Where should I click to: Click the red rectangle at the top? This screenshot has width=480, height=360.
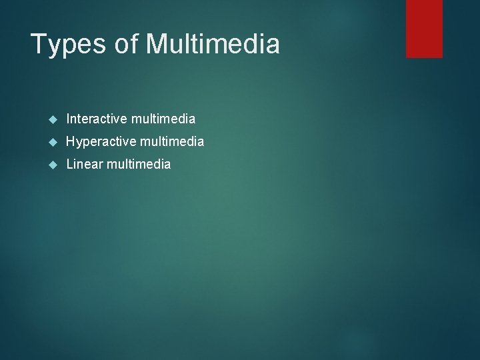424,28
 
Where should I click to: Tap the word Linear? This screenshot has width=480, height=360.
83,164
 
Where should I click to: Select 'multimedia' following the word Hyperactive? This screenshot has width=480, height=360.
171,142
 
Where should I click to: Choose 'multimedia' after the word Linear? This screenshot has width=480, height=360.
137,164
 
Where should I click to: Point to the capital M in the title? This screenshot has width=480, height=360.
157,45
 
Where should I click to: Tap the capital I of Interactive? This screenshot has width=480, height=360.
69,119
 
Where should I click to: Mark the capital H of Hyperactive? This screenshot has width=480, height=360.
71,142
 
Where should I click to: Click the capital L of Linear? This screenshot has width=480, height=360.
70,164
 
